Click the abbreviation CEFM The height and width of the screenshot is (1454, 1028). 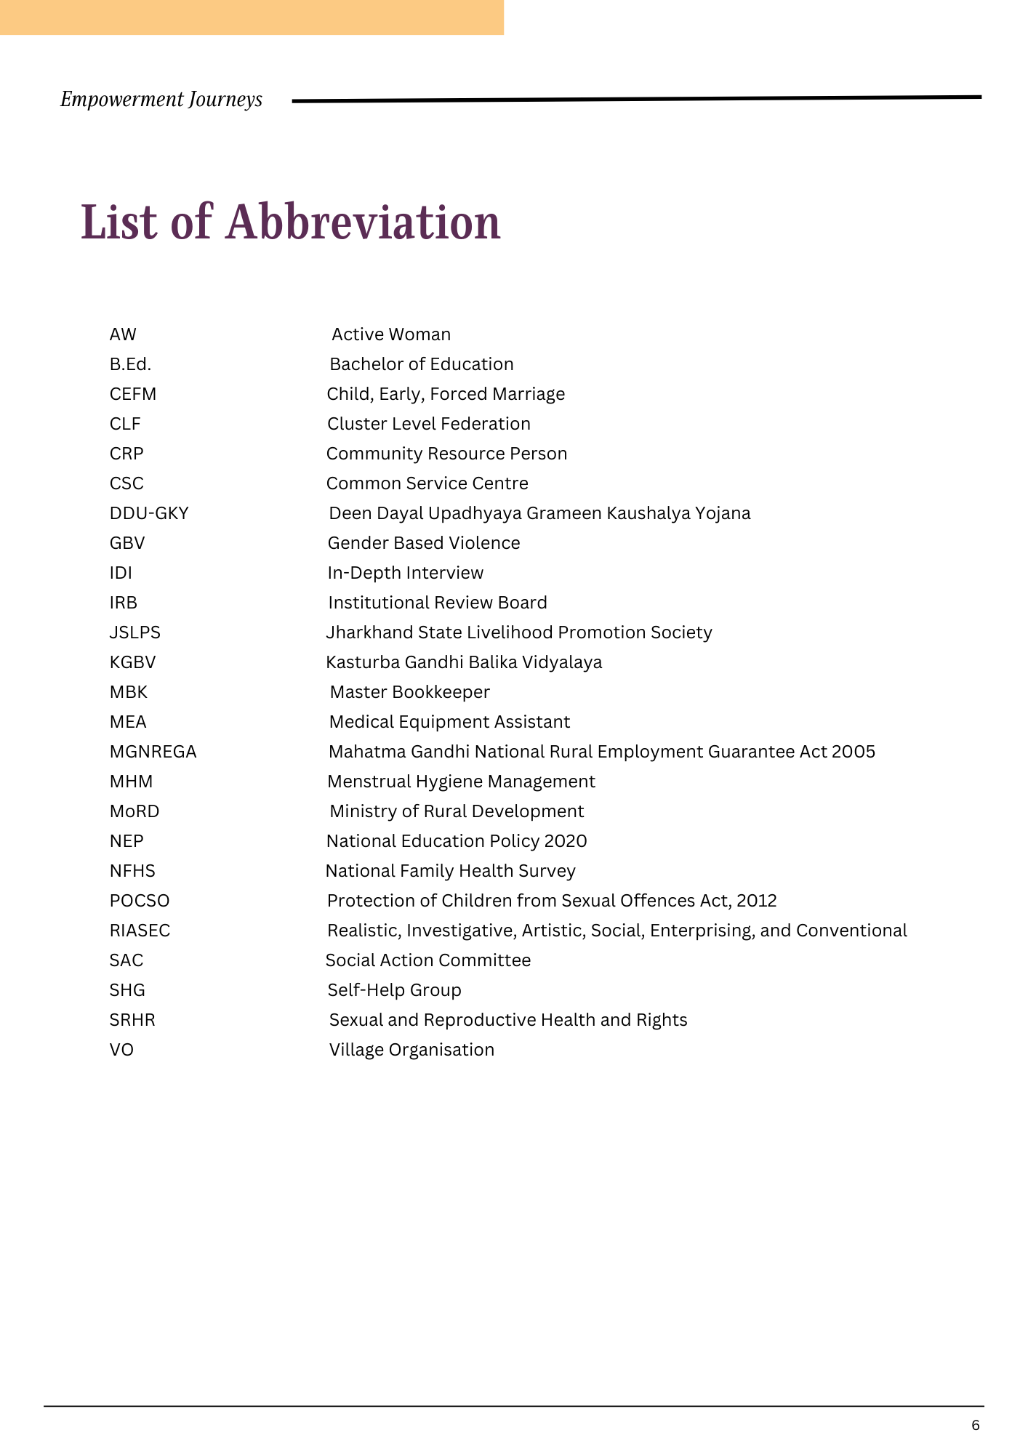point(133,394)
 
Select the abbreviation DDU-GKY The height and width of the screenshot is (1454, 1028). point(149,513)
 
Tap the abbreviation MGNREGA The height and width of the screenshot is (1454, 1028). point(153,752)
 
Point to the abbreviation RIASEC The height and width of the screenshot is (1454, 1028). point(140,931)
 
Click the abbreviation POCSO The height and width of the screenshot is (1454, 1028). point(140,901)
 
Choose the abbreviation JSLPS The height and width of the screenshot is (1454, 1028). point(135,632)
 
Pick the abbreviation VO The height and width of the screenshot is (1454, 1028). point(122,1050)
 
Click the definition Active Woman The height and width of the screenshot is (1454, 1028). point(391,334)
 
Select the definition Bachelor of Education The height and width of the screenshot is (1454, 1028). point(422,364)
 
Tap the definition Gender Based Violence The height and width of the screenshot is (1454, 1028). point(424,543)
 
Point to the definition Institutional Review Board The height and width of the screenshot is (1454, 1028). point(438,603)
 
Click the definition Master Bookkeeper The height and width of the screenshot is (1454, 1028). point(410,692)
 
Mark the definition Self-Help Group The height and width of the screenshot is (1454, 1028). point(395,990)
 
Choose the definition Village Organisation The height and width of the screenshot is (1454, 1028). point(412,1050)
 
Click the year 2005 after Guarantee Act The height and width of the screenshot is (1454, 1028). point(854,752)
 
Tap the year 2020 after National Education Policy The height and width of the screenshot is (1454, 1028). point(566,841)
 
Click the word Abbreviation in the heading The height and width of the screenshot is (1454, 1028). point(364,222)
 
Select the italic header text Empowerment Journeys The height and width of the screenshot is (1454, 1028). point(161,99)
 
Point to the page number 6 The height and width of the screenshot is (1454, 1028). point(976,1425)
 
